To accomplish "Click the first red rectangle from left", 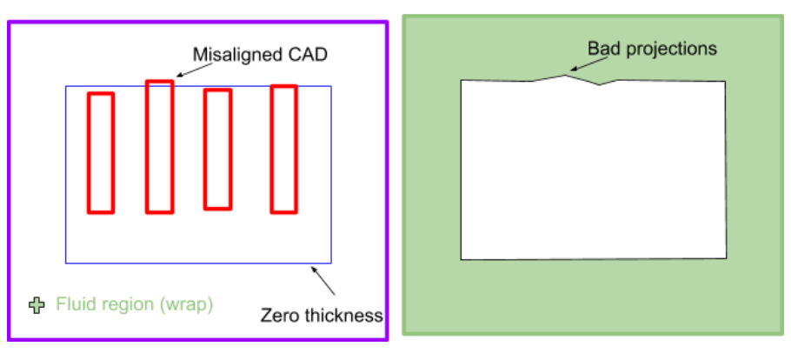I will (x=101, y=152).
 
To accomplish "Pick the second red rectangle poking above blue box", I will (x=159, y=146).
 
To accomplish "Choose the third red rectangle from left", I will (x=217, y=150).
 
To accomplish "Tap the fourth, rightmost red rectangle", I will (x=283, y=149).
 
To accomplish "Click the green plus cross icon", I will (x=36, y=305).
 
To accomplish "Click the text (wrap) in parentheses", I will (x=186, y=305).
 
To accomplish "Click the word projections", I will (x=668, y=49).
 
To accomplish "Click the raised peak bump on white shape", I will (x=566, y=76).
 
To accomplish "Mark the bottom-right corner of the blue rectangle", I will (x=331, y=263).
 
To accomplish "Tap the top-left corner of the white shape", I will (x=461, y=80).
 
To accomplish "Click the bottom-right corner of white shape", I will (x=727, y=258).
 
